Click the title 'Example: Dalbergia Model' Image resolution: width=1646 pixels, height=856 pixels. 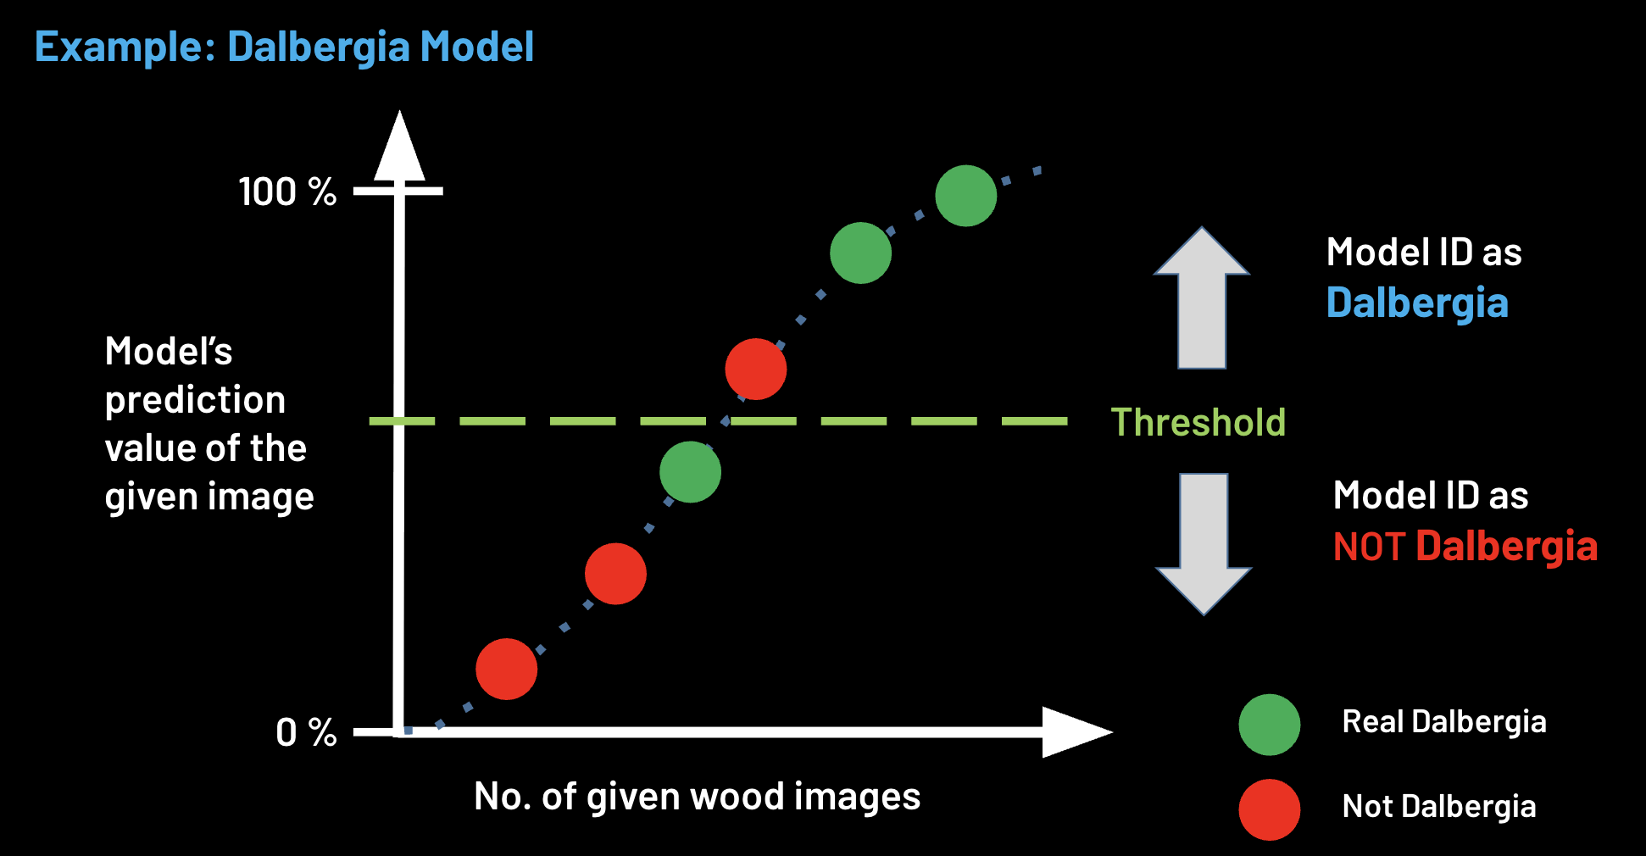pos(284,47)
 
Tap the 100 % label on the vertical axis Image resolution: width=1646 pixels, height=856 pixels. pos(287,192)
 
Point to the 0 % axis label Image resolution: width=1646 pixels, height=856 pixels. pos(306,732)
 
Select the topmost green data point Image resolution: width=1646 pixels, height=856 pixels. pos(965,196)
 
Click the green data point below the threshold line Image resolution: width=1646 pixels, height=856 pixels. pos(690,472)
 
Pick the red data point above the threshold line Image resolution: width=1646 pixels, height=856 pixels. pos(755,369)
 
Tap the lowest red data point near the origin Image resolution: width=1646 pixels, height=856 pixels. pos(506,669)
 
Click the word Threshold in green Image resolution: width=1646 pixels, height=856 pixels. pos(1198,422)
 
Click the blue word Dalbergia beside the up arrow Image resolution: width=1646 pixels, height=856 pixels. pos(1417,303)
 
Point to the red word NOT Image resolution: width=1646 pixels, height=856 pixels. pos(1369,547)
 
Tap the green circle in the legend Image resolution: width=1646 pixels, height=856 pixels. pos(1269,725)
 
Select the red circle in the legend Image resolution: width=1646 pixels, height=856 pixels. pos(1269,809)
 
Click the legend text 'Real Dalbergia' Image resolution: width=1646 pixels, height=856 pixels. pos(1444,722)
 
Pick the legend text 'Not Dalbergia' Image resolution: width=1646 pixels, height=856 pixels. pos(1439,807)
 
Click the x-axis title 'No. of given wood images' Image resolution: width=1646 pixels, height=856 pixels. pos(697,797)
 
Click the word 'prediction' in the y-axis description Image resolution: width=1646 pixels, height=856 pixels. pos(195,400)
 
